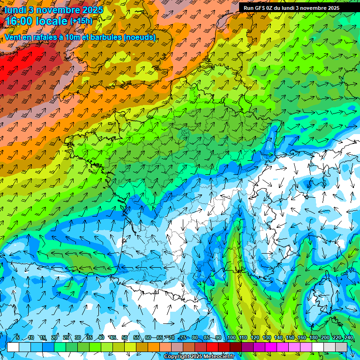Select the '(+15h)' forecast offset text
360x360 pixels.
pyautogui.click(x=81, y=21)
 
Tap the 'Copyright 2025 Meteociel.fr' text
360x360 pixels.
pyautogui.click(x=199, y=357)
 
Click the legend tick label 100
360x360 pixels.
pyautogui.click(x=231, y=337)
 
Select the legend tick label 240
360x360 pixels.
pyautogui.click(x=348, y=337)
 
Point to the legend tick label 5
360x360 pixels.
pyautogui.click(x=17, y=337)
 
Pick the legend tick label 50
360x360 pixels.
pyautogui.click(x=124, y=337)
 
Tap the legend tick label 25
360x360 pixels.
pyautogui.click(x=66, y=337)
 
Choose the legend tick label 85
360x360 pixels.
pyautogui.click(x=206, y=337)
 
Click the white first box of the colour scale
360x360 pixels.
pyautogui.click(x=13, y=347)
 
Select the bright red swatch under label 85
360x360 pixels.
pyautogui.click(x=212, y=347)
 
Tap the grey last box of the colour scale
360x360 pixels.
pyautogui.click(x=341, y=347)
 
